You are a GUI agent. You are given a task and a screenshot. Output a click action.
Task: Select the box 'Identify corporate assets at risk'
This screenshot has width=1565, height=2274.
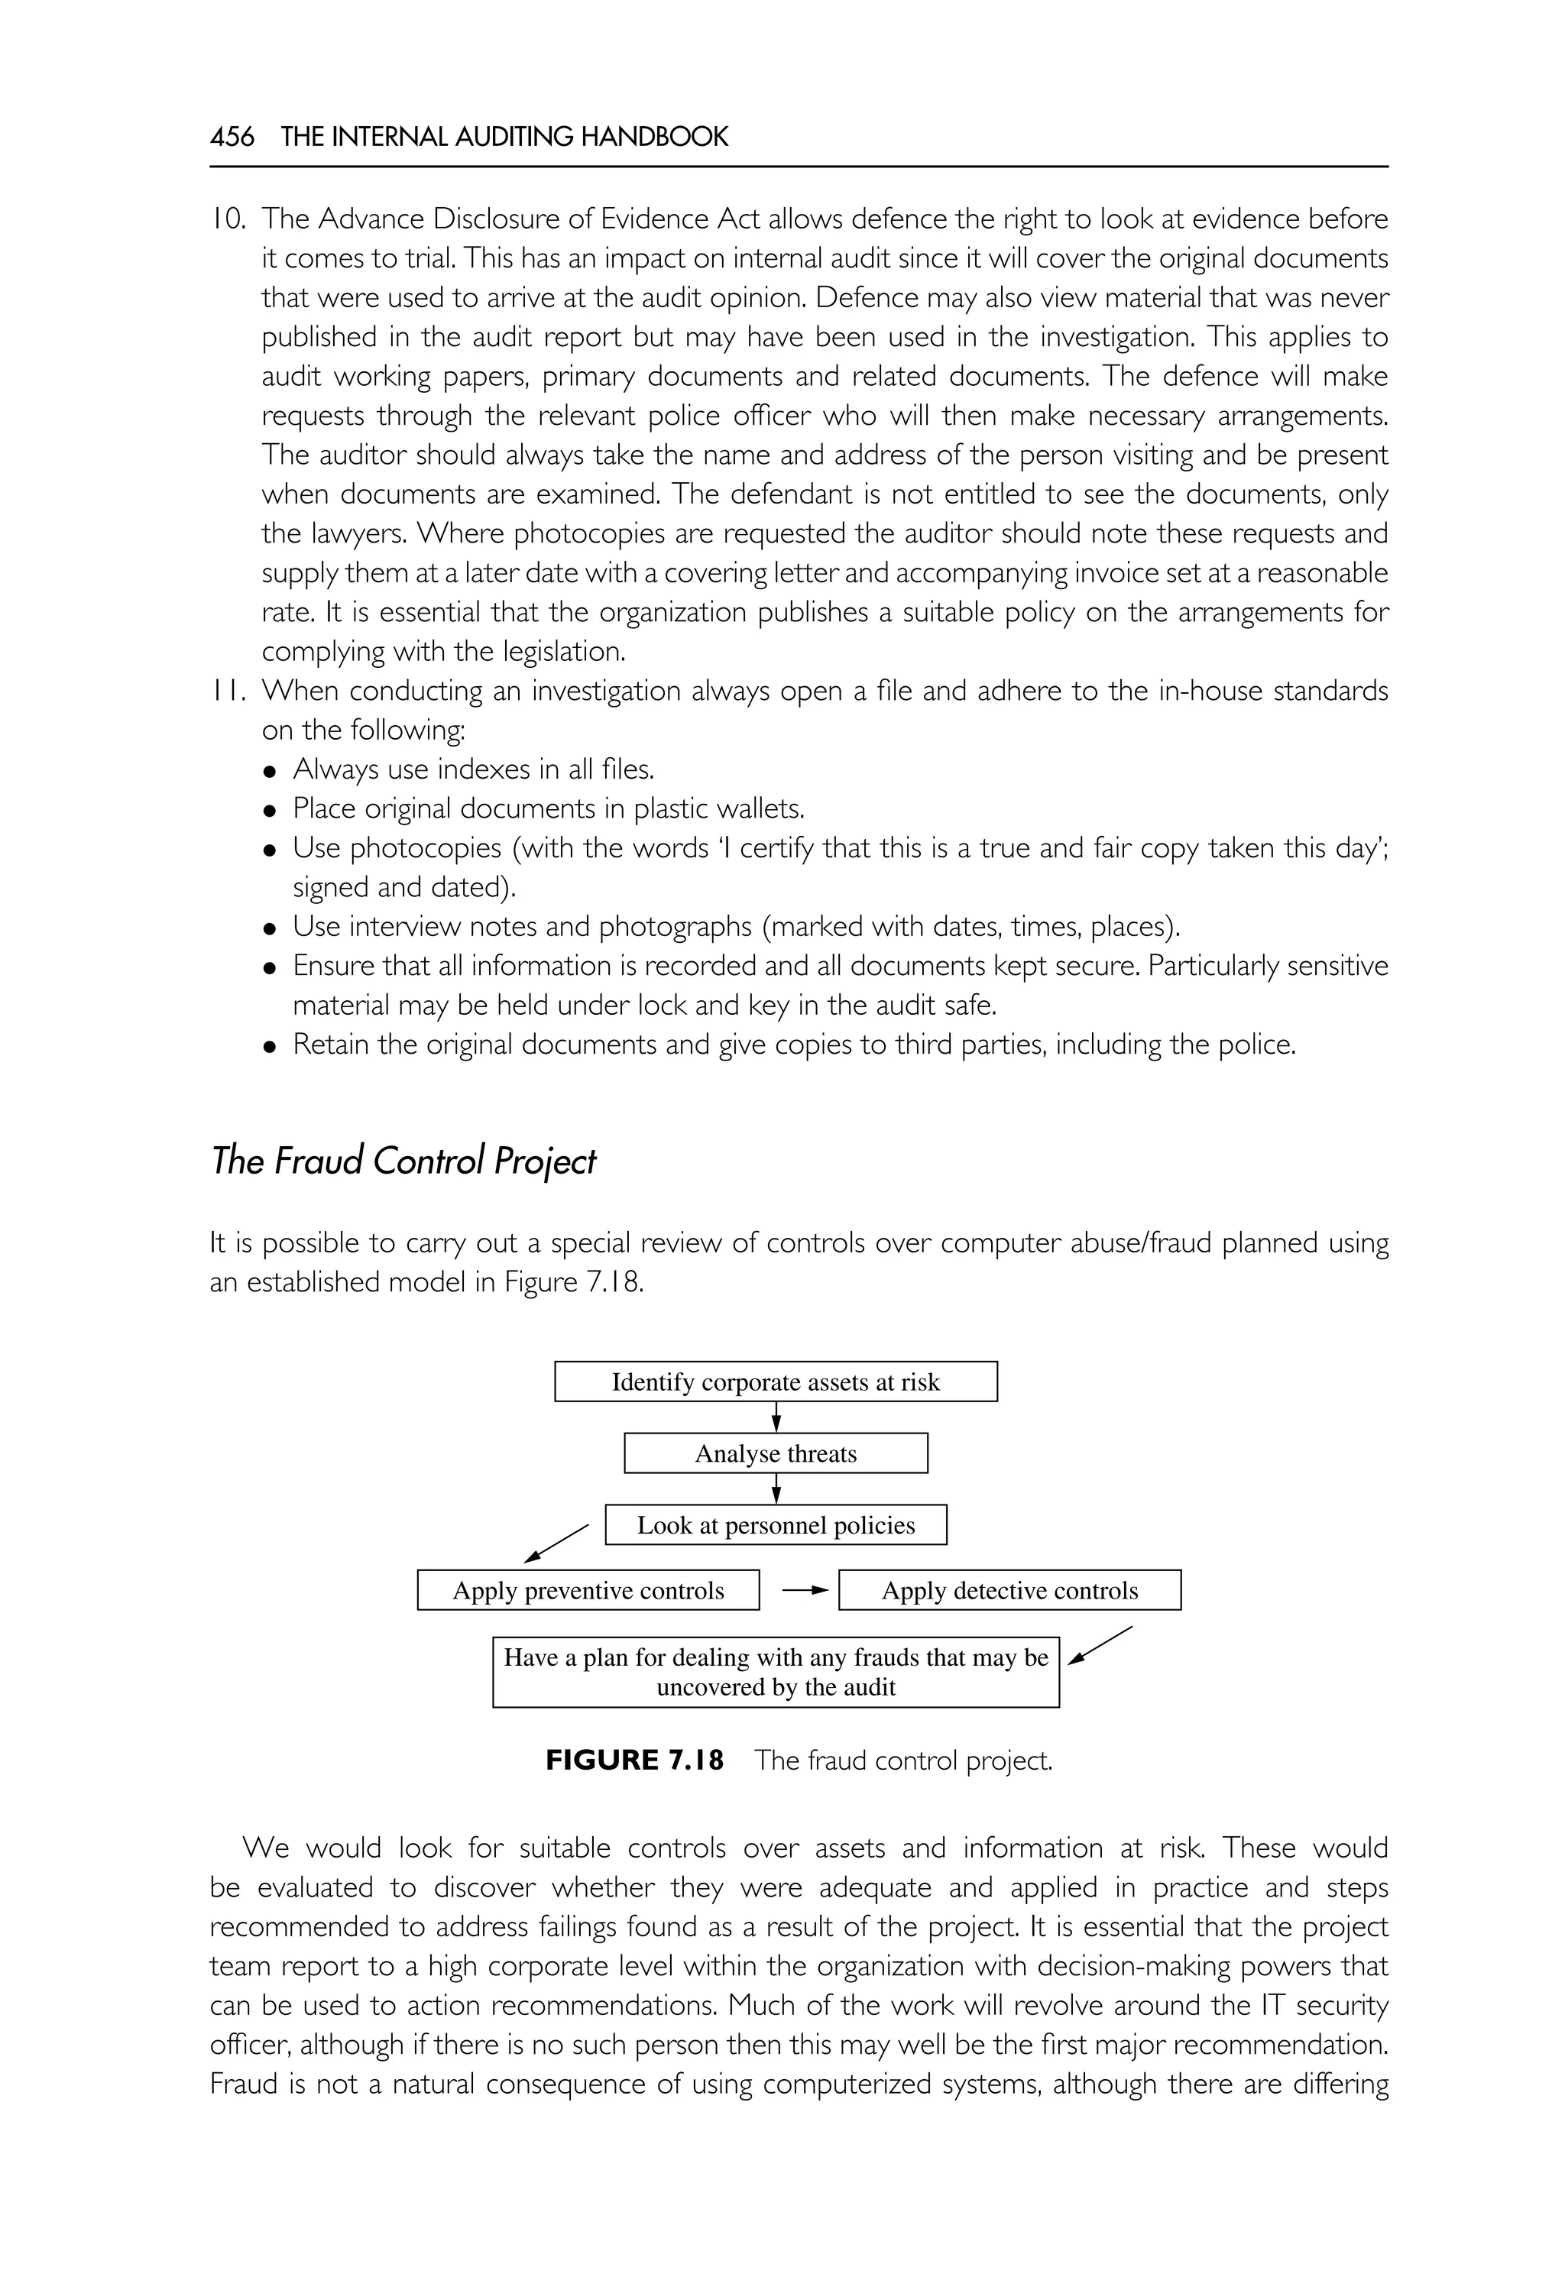click(776, 1382)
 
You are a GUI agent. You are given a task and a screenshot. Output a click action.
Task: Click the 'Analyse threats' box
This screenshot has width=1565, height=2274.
click(776, 1453)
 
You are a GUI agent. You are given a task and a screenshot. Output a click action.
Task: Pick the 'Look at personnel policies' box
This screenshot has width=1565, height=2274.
click(776, 1525)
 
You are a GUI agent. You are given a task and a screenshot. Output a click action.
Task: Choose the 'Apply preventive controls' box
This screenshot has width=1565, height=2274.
click(588, 1591)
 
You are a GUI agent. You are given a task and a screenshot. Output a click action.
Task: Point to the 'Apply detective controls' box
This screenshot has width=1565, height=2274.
click(1010, 1591)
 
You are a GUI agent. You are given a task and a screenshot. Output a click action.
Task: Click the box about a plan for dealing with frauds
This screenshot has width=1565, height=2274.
click(776, 1672)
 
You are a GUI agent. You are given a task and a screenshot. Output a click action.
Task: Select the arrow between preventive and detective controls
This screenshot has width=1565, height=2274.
click(806, 1592)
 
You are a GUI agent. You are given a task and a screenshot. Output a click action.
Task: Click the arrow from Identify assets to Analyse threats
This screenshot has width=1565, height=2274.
click(776, 1417)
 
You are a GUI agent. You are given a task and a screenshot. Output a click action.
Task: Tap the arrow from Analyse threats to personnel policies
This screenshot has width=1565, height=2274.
click(776, 1488)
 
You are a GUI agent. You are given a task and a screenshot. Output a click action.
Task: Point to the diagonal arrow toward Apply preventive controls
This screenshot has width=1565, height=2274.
click(556, 1543)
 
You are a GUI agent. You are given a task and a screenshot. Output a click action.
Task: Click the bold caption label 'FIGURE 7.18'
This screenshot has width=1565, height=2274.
click(634, 1761)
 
